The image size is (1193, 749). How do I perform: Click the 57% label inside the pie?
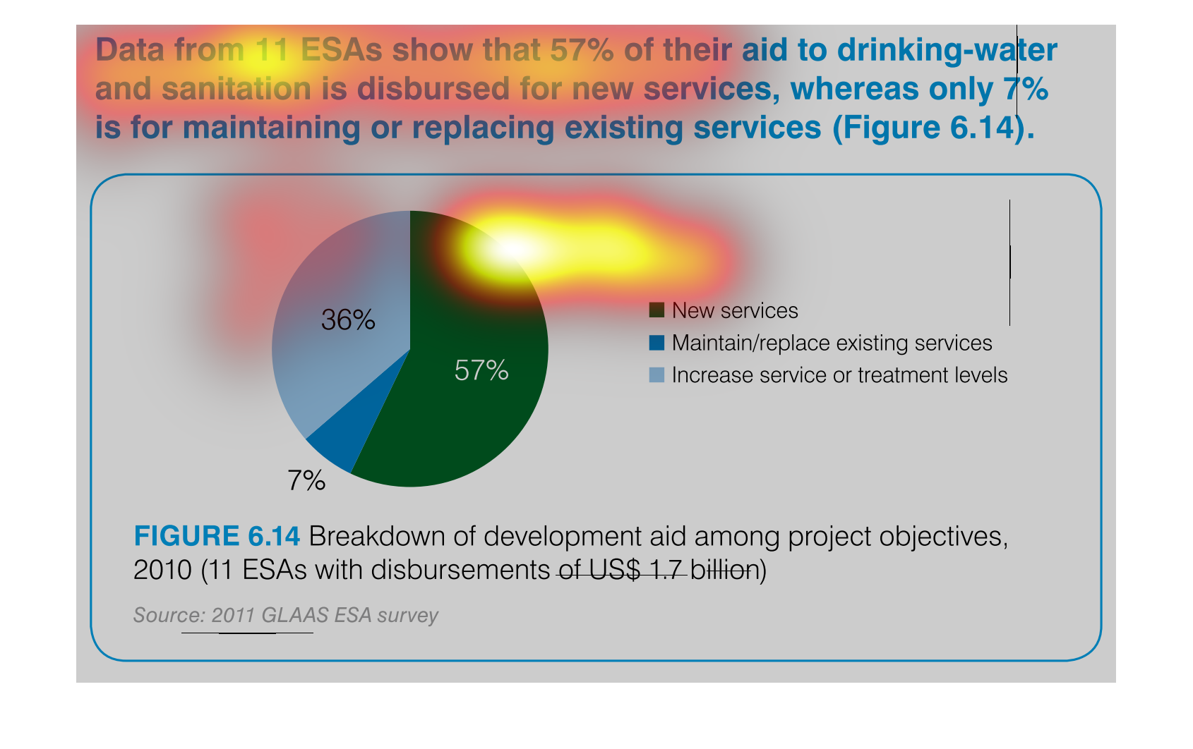coord(481,370)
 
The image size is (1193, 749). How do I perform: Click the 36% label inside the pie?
coord(348,320)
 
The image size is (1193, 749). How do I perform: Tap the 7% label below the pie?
coord(306,480)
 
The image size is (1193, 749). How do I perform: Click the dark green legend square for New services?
coord(657,310)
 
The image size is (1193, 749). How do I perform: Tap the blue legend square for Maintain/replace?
coord(657,343)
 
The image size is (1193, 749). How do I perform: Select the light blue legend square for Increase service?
coord(657,375)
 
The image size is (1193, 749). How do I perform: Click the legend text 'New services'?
coord(735,310)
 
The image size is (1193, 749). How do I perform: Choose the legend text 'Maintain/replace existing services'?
coord(832,343)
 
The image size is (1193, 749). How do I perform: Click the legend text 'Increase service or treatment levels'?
coord(840,375)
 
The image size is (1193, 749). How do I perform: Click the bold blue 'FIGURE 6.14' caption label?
coord(217,536)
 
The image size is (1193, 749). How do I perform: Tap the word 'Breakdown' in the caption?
coord(376,536)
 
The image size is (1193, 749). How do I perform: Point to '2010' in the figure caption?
coord(162,571)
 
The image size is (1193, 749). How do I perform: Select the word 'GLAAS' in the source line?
coord(294,616)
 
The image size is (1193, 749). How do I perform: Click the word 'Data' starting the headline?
coord(129,50)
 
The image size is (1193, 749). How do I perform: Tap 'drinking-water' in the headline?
coord(947,51)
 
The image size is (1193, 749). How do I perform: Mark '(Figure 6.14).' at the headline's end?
coord(934,128)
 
